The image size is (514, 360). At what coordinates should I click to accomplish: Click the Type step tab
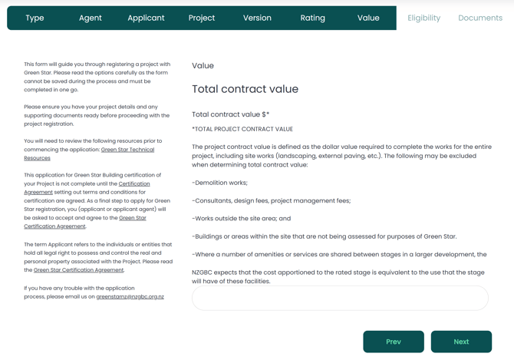point(35,18)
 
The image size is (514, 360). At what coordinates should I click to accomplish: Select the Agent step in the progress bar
point(91,18)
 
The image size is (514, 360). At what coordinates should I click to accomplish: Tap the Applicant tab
point(146,18)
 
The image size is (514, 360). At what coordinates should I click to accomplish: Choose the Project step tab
point(202,18)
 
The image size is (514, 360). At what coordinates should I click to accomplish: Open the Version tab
point(257,18)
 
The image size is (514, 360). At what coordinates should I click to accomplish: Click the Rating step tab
point(313,18)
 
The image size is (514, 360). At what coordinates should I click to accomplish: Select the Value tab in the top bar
point(368,18)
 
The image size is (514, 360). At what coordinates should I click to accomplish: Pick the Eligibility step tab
point(424,18)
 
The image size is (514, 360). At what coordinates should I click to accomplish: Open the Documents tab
point(480,18)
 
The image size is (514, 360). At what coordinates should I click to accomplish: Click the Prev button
point(394,342)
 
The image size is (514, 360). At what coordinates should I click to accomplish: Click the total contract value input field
point(340,299)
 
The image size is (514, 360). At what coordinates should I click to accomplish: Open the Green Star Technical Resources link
point(127,150)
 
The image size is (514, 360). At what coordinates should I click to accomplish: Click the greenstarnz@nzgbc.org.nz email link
point(130,296)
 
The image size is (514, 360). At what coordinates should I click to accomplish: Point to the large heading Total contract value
point(245,89)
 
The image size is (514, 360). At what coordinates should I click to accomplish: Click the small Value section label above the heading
point(203,66)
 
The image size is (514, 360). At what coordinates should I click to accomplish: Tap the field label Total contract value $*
point(230,114)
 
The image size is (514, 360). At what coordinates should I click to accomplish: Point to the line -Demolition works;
point(219,183)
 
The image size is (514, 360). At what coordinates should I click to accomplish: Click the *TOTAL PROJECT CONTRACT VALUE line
point(242,129)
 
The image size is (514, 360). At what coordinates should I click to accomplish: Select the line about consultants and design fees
point(271,200)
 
